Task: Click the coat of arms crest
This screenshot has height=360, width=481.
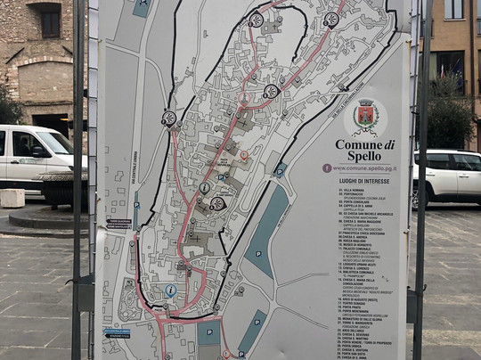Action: click(365, 116)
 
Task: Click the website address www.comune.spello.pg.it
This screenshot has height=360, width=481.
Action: click(364, 168)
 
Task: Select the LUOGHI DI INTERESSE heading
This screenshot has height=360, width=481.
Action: click(363, 181)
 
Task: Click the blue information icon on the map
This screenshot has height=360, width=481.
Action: click(170, 290)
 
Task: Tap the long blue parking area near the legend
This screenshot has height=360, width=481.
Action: click(266, 230)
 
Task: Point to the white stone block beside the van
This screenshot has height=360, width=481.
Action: click(12, 198)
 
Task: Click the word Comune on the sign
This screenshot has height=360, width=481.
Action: click(354, 143)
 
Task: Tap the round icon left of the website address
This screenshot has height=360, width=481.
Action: click(327, 168)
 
